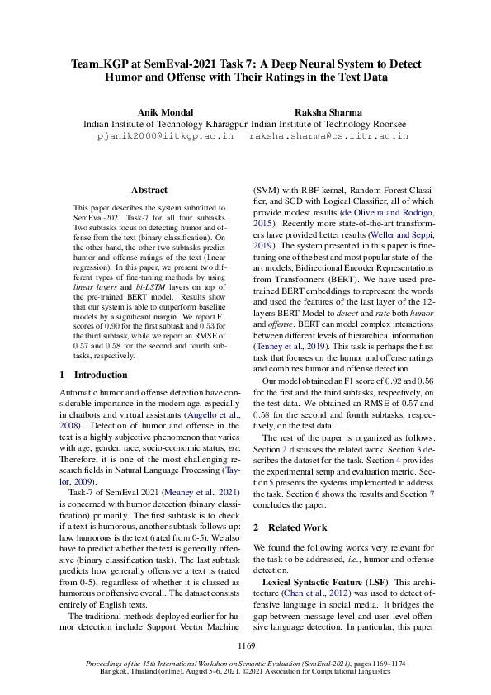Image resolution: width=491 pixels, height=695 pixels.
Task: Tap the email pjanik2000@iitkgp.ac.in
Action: [165, 135]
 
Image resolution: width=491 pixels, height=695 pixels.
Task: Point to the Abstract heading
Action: [149, 190]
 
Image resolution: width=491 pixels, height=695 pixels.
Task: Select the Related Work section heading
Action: [295, 527]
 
